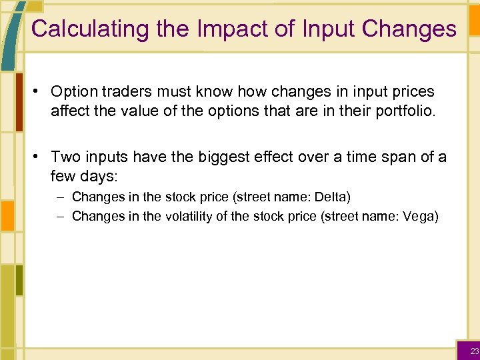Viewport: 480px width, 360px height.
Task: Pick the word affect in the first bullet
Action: pyautogui.click(x=69, y=110)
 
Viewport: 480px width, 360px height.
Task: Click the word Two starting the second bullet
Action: pyautogui.click(x=64, y=157)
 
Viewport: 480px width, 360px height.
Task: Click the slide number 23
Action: pyautogui.click(x=474, y=351)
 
